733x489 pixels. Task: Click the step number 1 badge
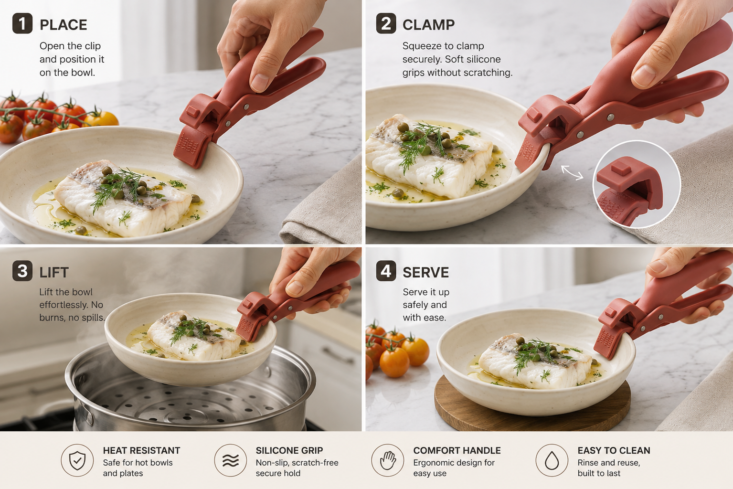click(22, 23)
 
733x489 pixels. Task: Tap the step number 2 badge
click(386, 23)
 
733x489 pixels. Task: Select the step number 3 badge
click(22, 271)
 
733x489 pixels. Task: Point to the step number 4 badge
click(386, 271)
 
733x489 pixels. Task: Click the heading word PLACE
click(64, 25)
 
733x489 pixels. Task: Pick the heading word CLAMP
click(428, 25)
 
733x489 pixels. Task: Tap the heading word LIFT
click(54, 272)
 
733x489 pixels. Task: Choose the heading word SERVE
click(426, 272)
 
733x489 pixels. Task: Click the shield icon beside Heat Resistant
click(77, 460)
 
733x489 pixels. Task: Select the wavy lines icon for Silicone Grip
click(230, 460)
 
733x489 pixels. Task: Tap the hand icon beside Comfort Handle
click(388, 460)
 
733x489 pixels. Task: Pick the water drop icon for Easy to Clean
click(552, 460)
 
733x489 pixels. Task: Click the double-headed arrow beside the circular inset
click(572, 172)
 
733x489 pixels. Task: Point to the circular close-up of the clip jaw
click(637, 184)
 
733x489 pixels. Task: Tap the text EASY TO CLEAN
click(614, 450)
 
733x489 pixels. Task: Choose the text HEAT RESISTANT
click(141, 450)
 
